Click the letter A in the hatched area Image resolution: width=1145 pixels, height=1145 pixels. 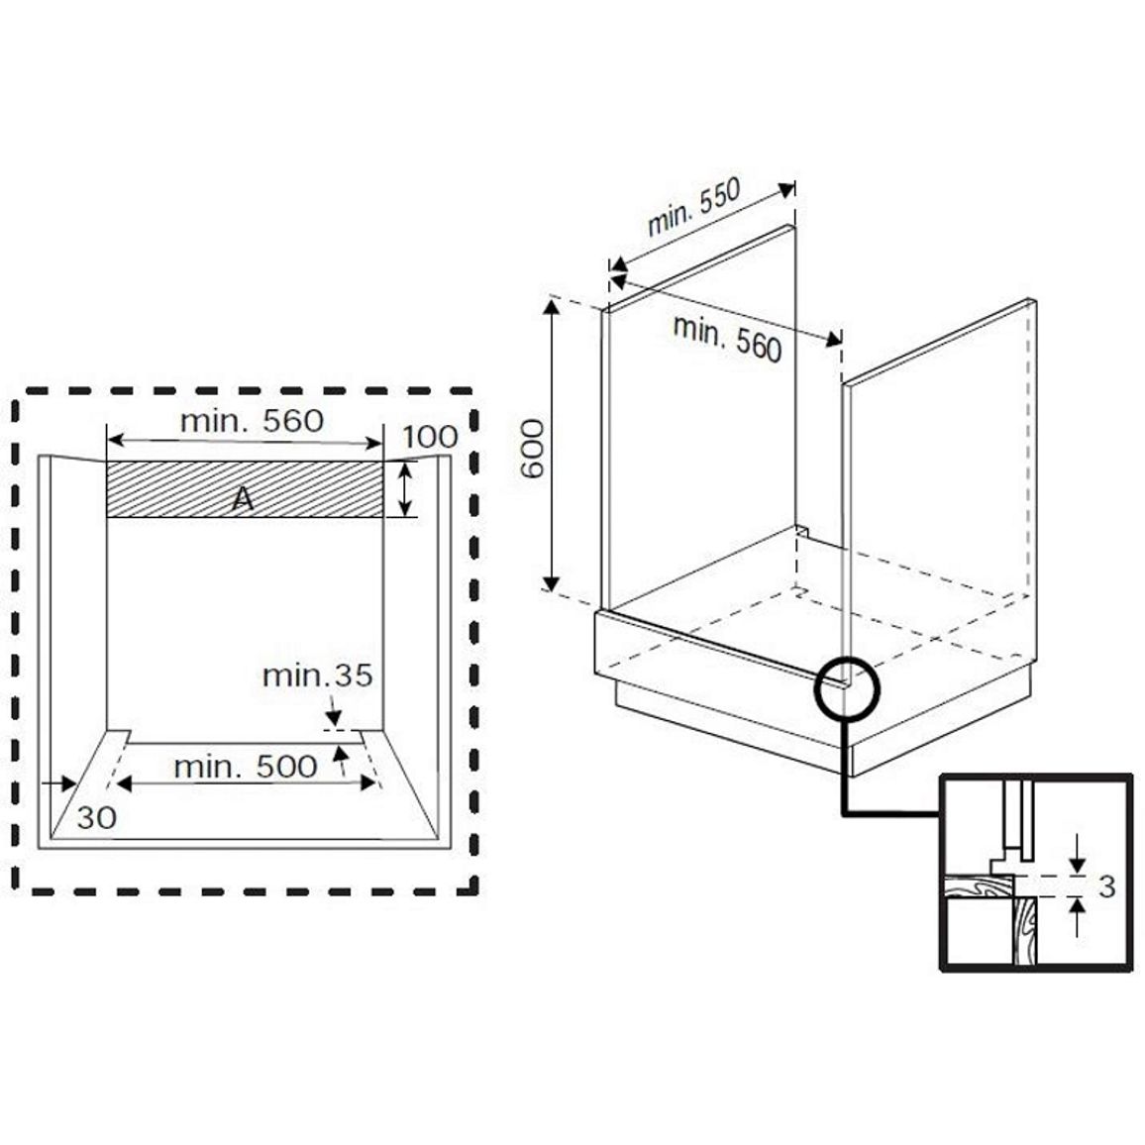pyautogui.click(x=244, y=499)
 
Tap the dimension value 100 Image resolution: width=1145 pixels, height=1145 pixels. pyautogui.click(x=430, y=437)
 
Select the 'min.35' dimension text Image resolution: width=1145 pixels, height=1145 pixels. pyautogui.click(x=318, y=676)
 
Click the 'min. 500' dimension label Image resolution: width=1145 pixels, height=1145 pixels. pyautogui.click(x=246, y=767)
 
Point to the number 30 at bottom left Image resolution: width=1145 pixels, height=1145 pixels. pyautogui.click(x=96, y=818)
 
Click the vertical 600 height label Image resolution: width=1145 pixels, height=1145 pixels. pyautogui.click(x=532, y=449)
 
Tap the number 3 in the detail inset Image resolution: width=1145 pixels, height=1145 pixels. pyautogui.click(x=1107, y=886)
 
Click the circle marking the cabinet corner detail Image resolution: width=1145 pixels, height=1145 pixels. pyautogui.click(x=816, y=687)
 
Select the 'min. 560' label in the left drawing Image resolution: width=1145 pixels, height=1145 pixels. pyautogui.click(x=252, y=421)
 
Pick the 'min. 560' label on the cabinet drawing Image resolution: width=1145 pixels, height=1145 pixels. pyautogui.click(x=727, y=338)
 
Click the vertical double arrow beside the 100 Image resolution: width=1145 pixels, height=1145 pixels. pyautogui.click(x=405, y=489)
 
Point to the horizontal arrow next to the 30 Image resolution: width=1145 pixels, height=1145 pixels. pyautogui.click(x=59, y=783)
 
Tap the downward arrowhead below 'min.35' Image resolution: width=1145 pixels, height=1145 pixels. pyautogui.click(x=334, y=719)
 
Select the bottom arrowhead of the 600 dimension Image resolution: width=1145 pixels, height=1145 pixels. pyautogui.click(x=552, y=582)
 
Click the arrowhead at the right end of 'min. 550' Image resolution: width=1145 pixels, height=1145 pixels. pyautogui.click(x=786, y=190)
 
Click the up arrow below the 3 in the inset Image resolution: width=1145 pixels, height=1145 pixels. pyautogui.click(x=1078, y=917)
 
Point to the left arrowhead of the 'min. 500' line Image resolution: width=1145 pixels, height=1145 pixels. pyautogui.click(x=124, y=783)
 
